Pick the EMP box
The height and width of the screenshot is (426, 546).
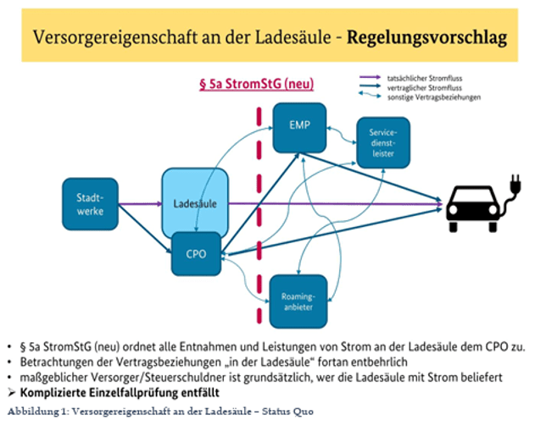pos(298,128)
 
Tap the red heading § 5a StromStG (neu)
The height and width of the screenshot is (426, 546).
pos(259,86)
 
